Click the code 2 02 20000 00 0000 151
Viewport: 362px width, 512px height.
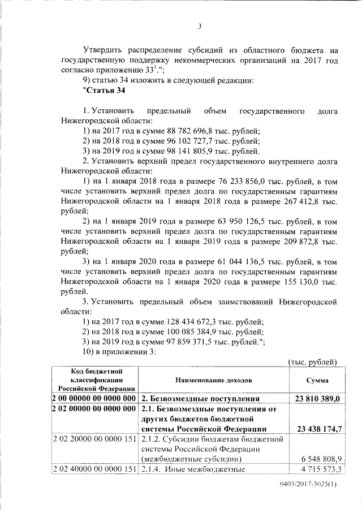pyautogui.click(x=94, y=438)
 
